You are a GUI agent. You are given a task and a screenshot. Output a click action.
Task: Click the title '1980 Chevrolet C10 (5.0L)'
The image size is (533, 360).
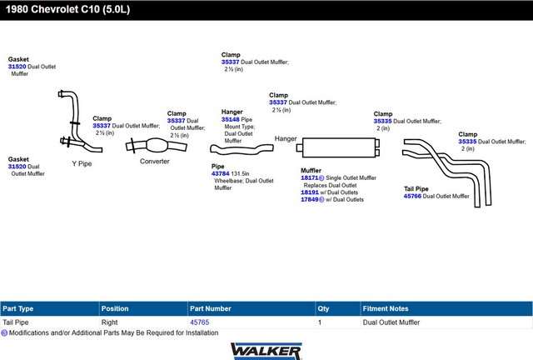pyautogui.click(x=67, y=9)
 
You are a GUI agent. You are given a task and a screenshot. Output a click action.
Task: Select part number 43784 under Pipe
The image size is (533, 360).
pyautogui.click(x=220, y=173)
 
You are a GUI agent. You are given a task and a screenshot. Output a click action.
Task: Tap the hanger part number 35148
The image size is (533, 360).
pyautogui.click(x=231, y=119)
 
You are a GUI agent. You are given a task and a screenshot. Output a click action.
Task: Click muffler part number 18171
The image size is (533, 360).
pyautogui.click(x=309, y=177)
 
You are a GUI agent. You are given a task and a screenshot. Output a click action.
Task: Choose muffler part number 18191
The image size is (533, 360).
pyautogui.click(x=310, y=192)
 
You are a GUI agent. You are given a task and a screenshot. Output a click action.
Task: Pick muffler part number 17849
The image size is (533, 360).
pyautogui.click(x=310, y=199)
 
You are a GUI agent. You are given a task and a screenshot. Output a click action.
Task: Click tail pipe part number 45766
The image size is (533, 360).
pyautogui.click(x=412, y=196)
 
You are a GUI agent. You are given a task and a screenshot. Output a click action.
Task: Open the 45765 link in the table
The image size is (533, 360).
pyautogui.click(x=200, y=322)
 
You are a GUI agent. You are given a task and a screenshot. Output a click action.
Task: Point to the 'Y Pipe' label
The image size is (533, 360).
pyautogui.click(x=82, y=163)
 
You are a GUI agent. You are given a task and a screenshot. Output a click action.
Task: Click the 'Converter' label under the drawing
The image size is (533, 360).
pyautogui.click(x=155, y=162)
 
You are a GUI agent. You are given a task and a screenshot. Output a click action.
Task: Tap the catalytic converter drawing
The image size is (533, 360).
pyautogui.click(x=156, y=146)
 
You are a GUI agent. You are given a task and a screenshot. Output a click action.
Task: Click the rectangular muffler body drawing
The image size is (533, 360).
pyautogui.click(x=339, y=147)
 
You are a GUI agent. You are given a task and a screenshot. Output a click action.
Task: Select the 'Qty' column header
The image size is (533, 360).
pyautogui.click(x=323, y=308)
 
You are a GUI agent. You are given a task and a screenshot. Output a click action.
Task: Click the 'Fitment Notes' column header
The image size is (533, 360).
pyautogui.click(x=386, y=308)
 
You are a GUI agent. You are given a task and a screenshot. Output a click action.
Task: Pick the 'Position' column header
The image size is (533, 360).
pyautogui.click(x=115, y=308)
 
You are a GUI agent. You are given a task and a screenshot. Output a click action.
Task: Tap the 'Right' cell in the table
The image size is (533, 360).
pyautogui.click(x=109, y=322)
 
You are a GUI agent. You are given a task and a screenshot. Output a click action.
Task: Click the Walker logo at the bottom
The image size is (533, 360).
pyautogui.click(x=266, y=351)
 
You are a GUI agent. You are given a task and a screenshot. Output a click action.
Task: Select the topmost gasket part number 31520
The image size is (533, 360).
pyautogui.click(x=17, y=67)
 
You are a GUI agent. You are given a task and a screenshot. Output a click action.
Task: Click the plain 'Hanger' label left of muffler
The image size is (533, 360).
pyautogui.click(x=286, y=139)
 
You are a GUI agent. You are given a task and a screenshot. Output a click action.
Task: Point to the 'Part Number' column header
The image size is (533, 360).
pyautogui.click(x=211, y=308)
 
